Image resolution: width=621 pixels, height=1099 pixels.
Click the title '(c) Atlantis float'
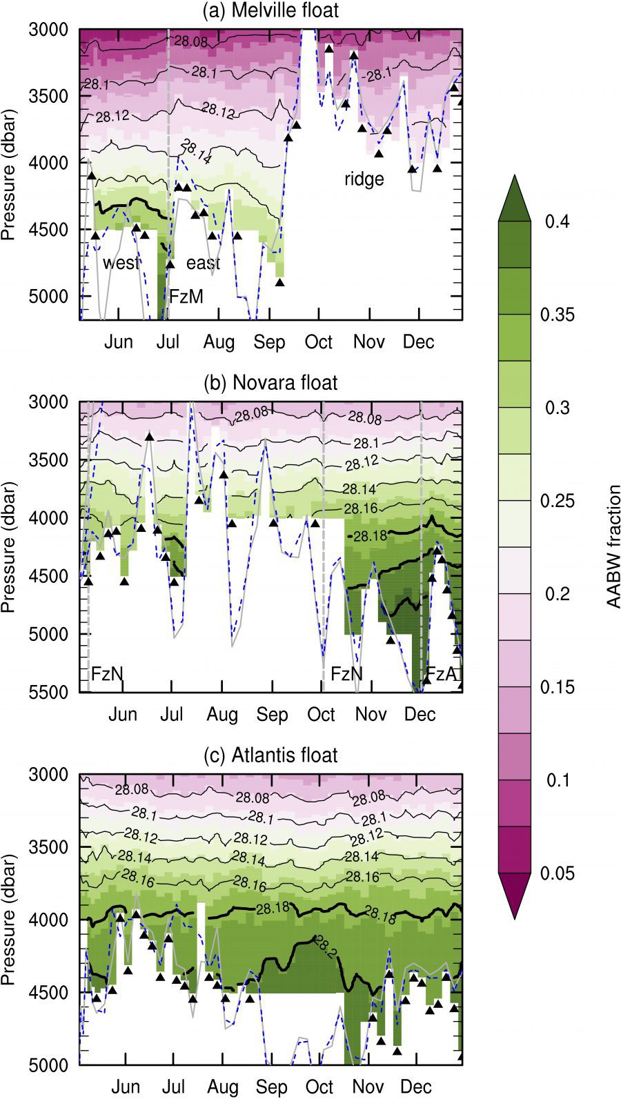coord(270,755)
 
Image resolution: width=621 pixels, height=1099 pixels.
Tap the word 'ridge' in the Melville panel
coord(364,179)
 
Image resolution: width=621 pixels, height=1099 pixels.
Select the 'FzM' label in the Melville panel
coord(187,297)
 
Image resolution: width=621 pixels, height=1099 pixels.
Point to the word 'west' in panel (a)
coord(121,263)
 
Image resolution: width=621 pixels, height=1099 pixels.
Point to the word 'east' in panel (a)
coord(204,263)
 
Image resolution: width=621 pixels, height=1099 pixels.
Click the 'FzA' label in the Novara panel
coord(442,673)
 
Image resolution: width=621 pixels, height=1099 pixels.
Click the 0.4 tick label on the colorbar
coord(558,221)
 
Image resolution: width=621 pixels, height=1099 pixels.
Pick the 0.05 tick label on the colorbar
coord(558,873)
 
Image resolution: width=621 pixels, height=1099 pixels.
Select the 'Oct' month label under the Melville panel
coord(319,342)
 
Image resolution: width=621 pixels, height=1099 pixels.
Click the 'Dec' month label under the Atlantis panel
coord(418,1087)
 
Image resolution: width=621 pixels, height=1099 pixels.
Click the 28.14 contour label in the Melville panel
coord(196,151)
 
